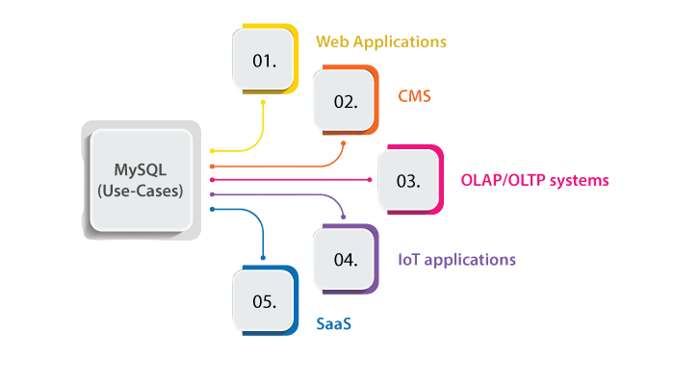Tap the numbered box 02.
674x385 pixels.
(346, 101)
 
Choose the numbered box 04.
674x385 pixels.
(346, 259)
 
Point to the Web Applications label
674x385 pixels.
(381, 41)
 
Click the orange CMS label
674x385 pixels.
(414, 96)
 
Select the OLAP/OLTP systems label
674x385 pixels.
(536, 180)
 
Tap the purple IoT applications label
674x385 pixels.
(456, 259)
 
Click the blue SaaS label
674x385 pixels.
(334, 324)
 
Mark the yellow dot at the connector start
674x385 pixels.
(212, 151)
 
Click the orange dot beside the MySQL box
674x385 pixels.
(212, 166)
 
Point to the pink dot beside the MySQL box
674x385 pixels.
(212, 180)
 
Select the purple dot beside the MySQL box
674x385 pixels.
(212, 194)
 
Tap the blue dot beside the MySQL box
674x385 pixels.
(212, 209)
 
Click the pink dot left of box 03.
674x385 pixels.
(370, 180)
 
